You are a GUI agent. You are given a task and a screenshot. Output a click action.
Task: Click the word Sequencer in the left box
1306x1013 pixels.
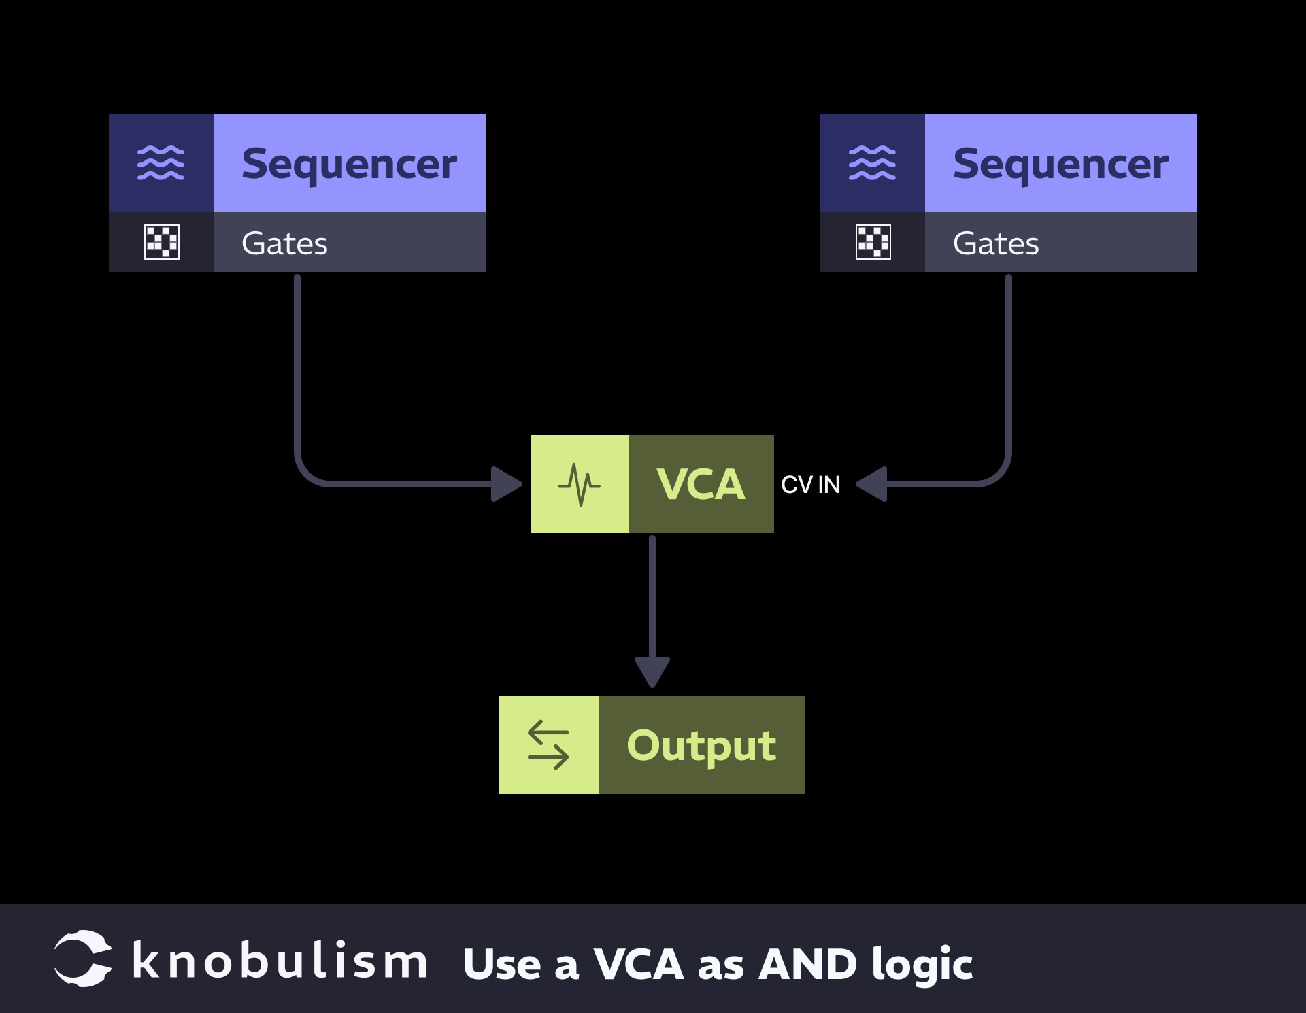point(349,165)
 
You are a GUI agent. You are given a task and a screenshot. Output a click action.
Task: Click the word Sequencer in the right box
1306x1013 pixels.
point(1060,165)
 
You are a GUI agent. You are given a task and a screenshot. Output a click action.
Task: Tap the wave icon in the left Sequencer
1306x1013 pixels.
point(161,163)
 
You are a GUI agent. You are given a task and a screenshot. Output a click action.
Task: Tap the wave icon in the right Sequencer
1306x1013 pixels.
point(872,163)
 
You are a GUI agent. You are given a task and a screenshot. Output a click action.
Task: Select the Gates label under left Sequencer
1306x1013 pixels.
point(284,243)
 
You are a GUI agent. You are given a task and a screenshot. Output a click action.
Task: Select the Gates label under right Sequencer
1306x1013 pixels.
point(996,243)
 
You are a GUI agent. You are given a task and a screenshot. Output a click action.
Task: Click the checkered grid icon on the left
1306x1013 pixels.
point(162,242)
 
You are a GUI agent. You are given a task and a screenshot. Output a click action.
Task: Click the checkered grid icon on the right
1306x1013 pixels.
point(873,242)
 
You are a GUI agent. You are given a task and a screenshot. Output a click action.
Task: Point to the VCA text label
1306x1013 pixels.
point(701,485)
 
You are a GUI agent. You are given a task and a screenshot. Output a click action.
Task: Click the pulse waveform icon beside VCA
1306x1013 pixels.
point(579,485)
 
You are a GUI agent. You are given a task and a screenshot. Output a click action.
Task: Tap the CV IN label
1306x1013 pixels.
point(810,485)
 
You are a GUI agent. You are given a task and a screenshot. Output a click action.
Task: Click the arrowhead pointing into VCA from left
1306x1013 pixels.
point(506,484)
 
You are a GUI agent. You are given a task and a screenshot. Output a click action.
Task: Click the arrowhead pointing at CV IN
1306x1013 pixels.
point(873,484)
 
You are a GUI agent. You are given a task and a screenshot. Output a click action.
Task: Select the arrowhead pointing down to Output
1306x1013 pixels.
point(652,672)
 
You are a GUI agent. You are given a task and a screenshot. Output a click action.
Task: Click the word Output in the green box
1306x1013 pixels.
point(701,746)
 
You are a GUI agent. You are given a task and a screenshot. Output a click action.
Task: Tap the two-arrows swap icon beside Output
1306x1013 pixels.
point(548,745)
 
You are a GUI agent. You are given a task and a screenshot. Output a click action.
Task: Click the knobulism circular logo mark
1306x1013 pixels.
point(83,959)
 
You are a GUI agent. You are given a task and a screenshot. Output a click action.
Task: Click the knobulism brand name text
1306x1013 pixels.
point(280,961)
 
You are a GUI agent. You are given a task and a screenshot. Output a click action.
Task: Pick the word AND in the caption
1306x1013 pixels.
point(807,964)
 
